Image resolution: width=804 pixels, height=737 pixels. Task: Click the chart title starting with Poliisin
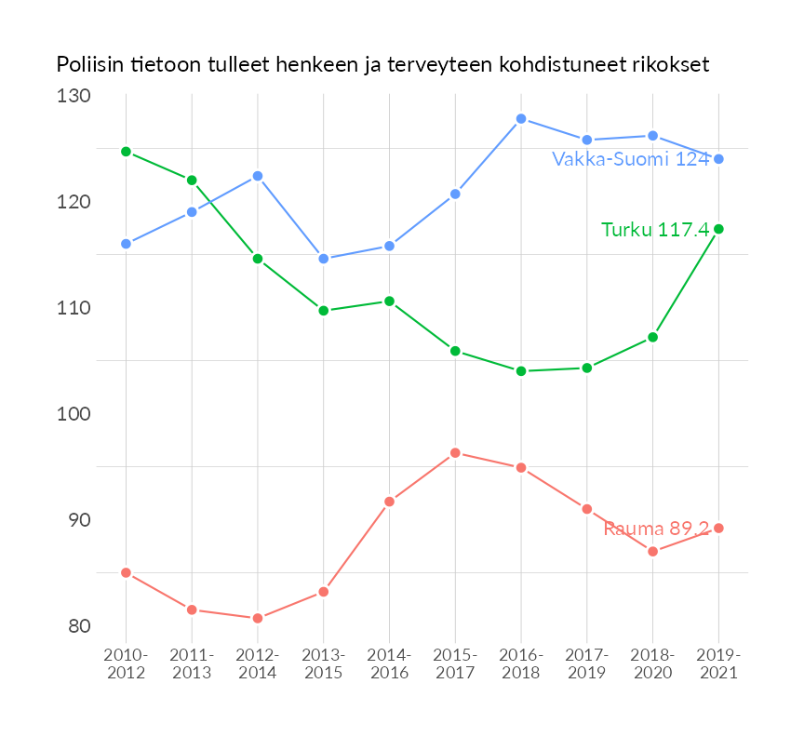pos(382,65)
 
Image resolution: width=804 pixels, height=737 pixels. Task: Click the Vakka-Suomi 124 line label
pos(630,159)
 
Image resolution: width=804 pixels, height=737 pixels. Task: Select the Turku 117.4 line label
pos(654,229)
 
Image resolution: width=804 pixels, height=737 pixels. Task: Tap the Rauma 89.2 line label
pos(656,529)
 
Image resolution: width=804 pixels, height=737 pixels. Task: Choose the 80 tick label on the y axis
pos(78,626)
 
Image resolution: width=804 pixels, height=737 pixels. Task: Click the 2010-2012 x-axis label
pos(126,664)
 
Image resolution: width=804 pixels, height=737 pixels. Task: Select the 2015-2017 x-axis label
pos(455,664)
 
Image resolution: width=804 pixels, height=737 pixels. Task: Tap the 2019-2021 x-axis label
pos(718,664)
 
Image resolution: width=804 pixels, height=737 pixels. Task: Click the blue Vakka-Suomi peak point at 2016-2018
pos(521,119)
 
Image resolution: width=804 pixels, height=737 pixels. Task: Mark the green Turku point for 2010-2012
pos(126,151)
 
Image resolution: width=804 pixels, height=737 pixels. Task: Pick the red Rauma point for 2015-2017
pos(455,453)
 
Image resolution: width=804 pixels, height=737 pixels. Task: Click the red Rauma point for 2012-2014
pos(258,618)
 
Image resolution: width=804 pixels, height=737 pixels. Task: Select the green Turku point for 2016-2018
pos(521,371)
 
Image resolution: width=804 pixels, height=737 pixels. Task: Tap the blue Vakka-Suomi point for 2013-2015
pos(324,259)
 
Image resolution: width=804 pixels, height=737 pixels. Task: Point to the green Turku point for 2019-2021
pos(718,229)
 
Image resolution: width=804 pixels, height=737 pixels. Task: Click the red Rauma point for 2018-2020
pos(653,552)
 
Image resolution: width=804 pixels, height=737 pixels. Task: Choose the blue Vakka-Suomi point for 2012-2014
pos(258,176)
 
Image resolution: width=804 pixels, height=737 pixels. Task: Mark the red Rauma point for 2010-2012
pos(126,572)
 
